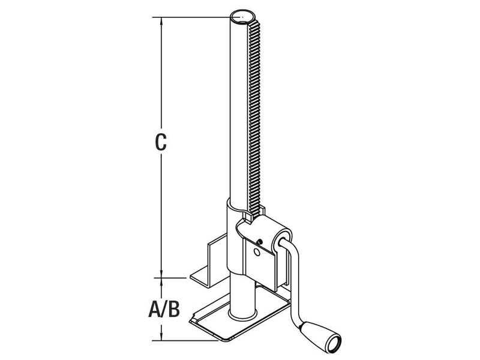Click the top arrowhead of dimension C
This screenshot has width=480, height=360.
tap(160, 21)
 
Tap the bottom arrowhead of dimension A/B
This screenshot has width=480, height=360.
tap(160, 337)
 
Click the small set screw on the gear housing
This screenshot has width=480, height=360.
tap(259, 242)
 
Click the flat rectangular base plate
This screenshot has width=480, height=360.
tap(240, 324)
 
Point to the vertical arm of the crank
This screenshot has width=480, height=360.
tap(296, 288)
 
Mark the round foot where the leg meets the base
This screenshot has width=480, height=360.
tap(242, 313)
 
